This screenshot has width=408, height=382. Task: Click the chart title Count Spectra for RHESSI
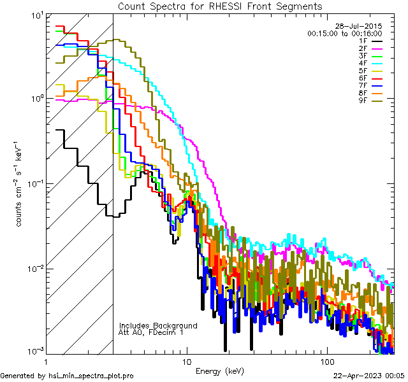coord(220,6)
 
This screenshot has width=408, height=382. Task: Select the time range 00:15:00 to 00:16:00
coord(344,33)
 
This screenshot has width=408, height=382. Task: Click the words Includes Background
coord(158,325)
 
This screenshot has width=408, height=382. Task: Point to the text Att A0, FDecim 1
coord(150,332)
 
